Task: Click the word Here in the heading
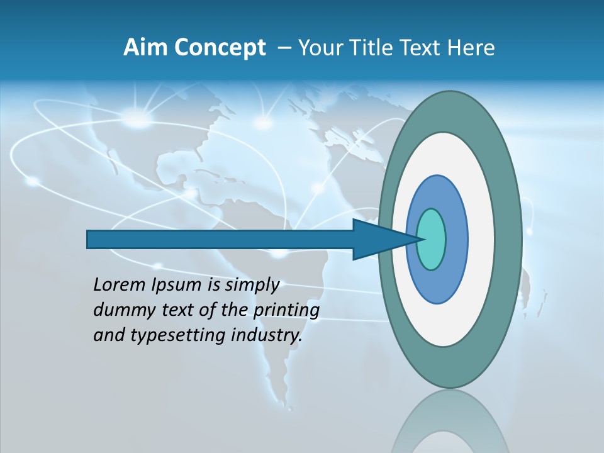[x=472, y=48]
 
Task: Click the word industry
[x=267, y=336]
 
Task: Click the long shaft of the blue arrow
[x=220, y=240]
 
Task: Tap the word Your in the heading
[x=317, y=48]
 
